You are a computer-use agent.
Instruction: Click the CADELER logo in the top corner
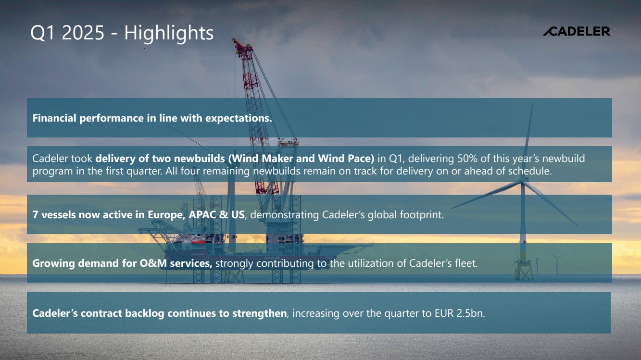click(x=577, y=31)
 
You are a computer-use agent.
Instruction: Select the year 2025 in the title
click(x=83, y=33)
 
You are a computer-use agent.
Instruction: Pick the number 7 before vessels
click(x=35, y=215)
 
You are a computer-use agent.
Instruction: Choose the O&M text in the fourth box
click(x=153, y=263)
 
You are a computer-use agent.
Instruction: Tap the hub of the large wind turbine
click(x=523, y=181)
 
